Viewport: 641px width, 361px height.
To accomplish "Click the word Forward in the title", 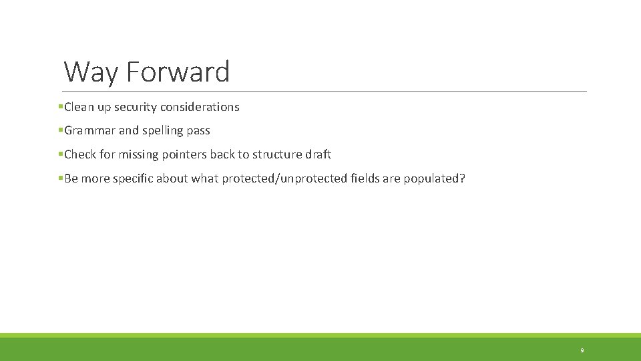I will click(178, 72).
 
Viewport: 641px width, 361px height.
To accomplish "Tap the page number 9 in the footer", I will click(582, 350).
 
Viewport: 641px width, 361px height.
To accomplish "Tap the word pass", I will click(199, 131).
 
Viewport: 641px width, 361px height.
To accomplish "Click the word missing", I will click(139, 154).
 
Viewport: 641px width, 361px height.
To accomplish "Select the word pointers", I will click(184, 154).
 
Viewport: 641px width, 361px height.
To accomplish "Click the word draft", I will click(318, 154).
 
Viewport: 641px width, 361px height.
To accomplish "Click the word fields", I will click(366, 178).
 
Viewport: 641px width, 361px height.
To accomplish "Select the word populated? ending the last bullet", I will click(435, 178).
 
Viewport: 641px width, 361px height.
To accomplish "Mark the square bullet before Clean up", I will click(60, 106).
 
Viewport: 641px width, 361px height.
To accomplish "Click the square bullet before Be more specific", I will click(60, 178).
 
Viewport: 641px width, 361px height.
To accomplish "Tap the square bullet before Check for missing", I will click(60, 154).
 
